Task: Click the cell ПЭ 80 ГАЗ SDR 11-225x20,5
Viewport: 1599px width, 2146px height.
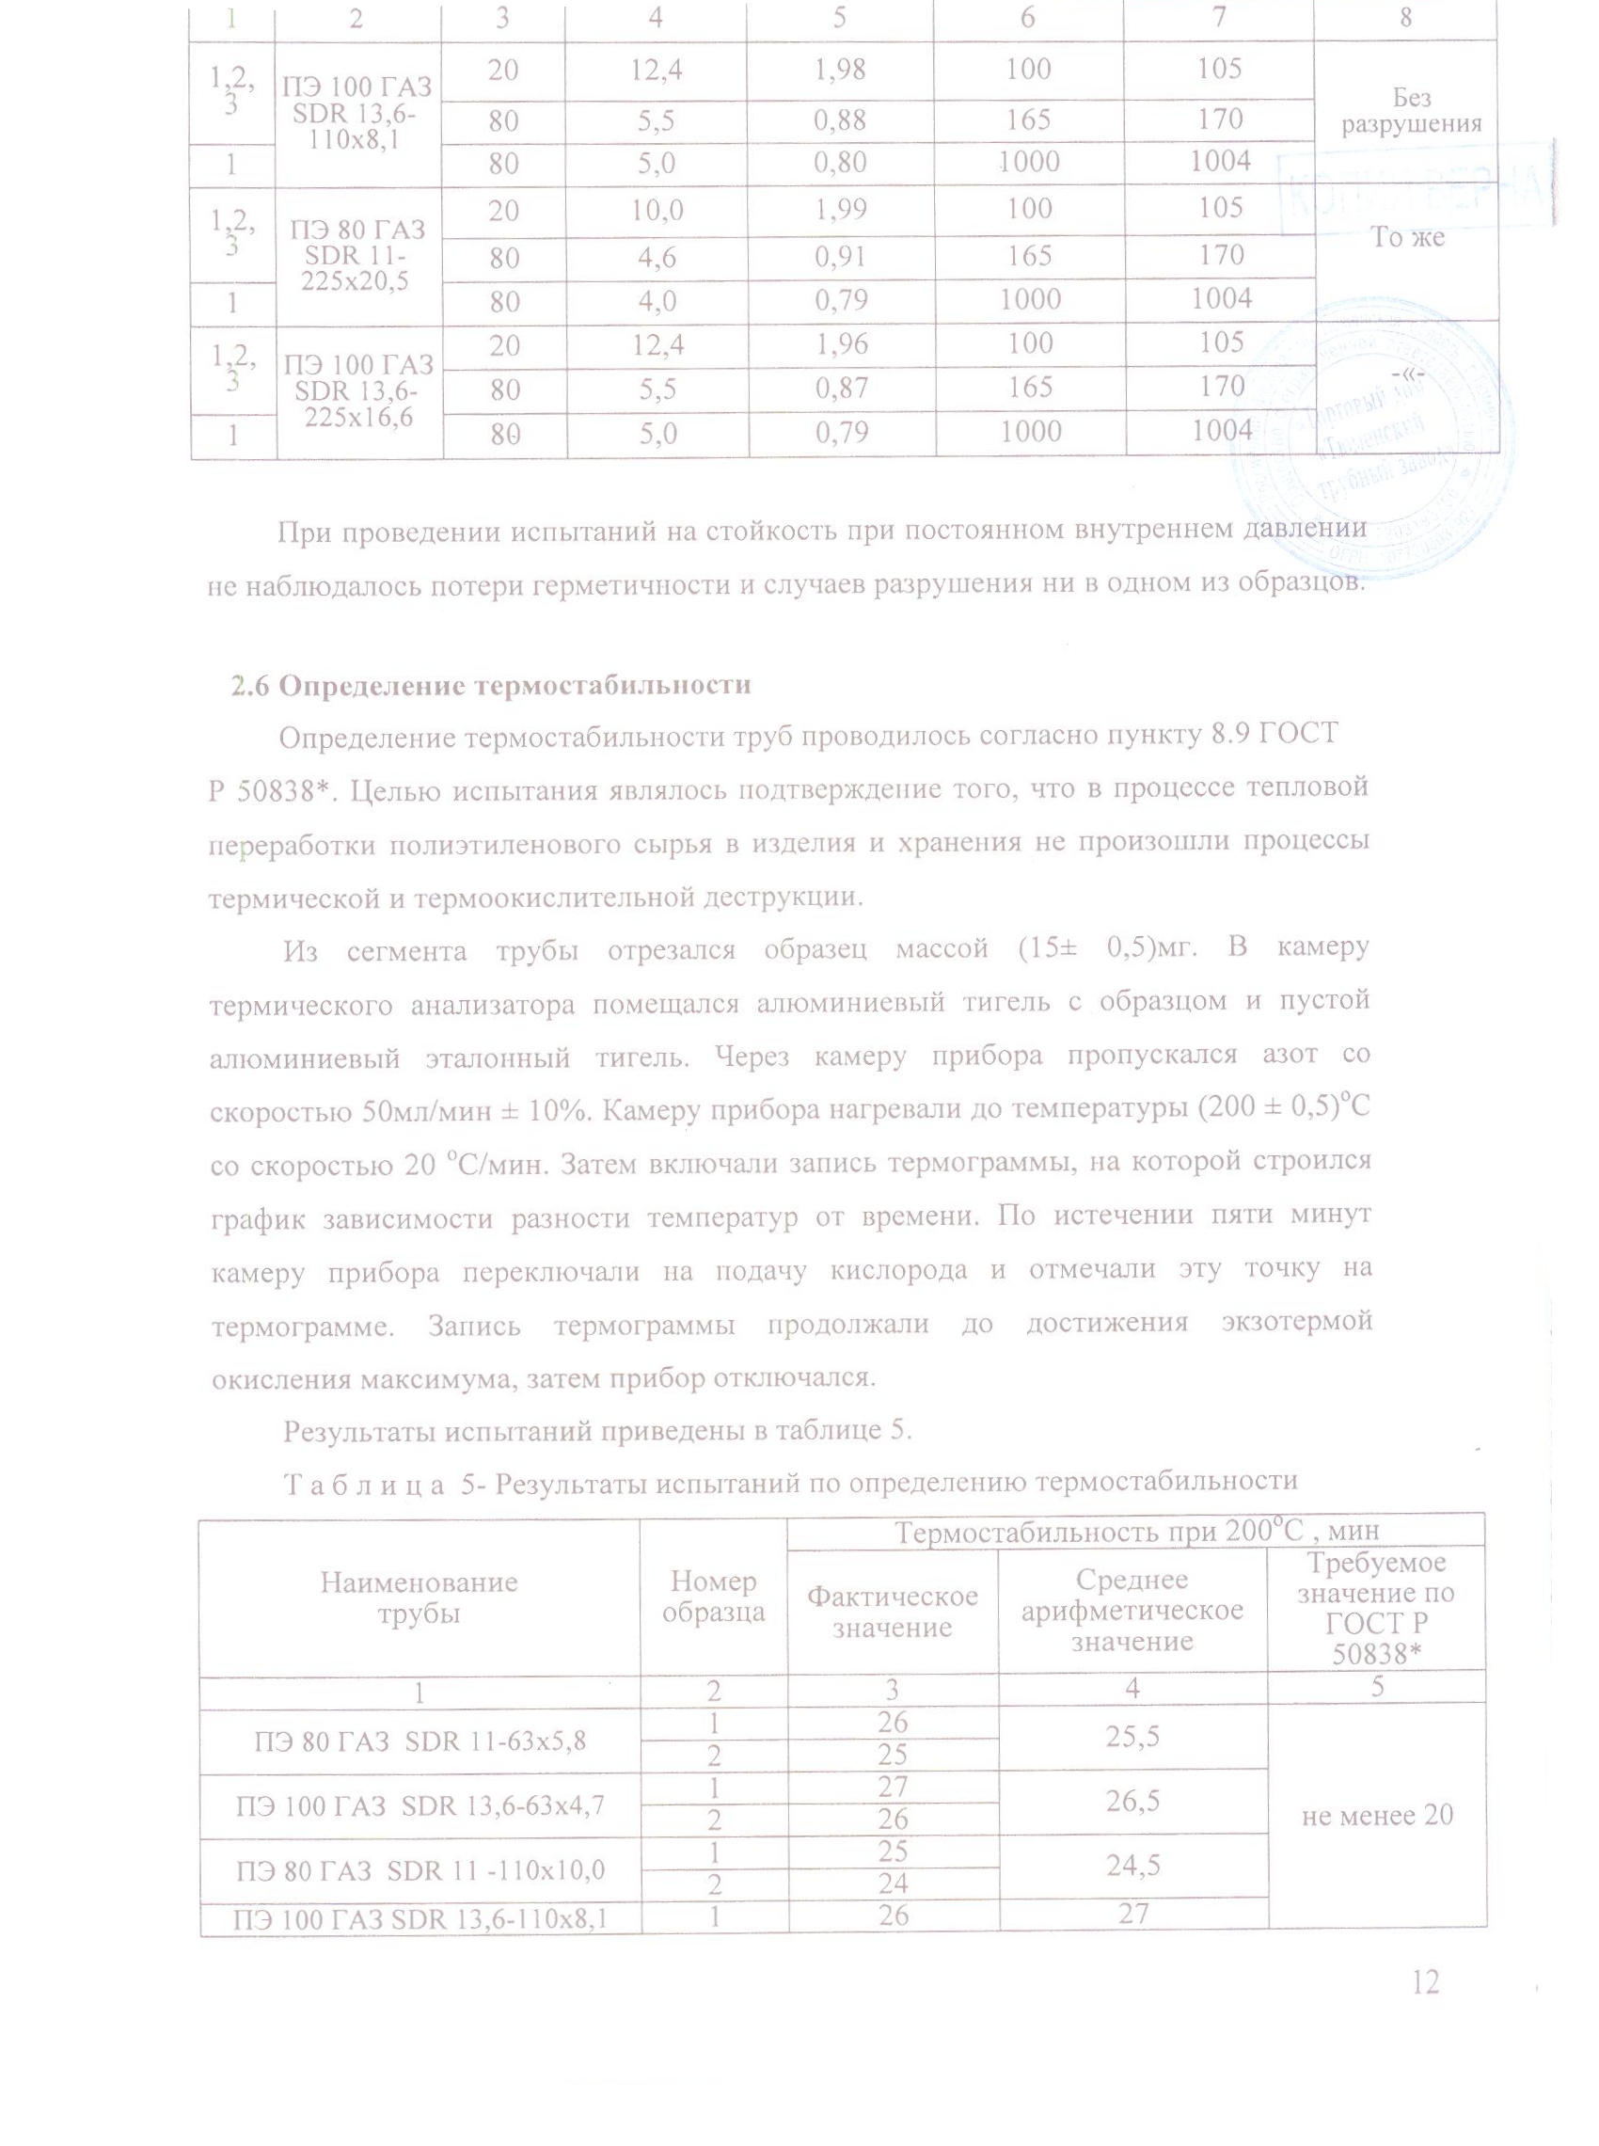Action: click(x=358, y=256)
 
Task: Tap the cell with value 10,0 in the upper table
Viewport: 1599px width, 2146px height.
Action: click(x=657, y=209)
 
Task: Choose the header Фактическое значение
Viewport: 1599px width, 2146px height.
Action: click(x=893, y=1611)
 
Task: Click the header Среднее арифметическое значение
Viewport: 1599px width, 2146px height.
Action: click(x=1132, y=1610)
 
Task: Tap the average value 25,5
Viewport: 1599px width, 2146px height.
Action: click(x=1132, y=1736)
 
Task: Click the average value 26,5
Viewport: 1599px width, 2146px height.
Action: click(x=1132, y=1801)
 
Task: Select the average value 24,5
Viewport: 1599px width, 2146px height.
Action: click(x=1132, y=1866)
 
